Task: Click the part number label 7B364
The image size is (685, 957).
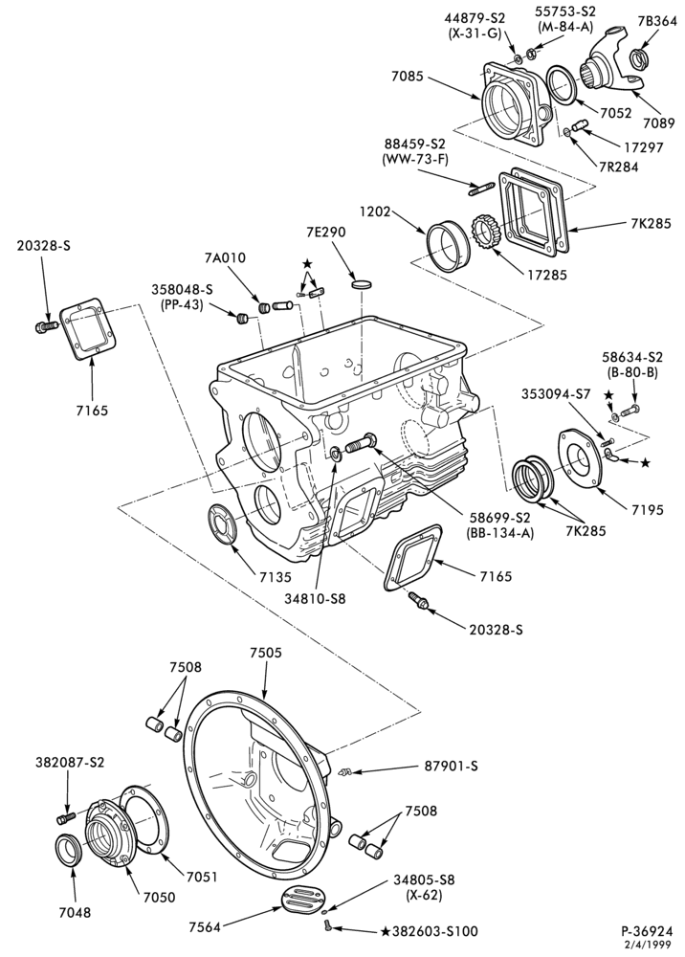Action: click(x=657, y=21)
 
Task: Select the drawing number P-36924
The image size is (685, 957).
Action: click(x=647, y=931)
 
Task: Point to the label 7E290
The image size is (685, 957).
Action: click(x=325, y=232)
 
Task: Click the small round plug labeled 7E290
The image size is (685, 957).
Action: click(x=362, y=284)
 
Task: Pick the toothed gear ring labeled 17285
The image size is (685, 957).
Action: click(x=486, y=233)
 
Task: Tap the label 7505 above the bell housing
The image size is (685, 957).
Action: click(x=265, y=653)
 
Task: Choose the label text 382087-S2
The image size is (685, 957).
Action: click(x=70, y=763)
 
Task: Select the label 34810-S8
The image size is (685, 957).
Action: click(x=315, y=599)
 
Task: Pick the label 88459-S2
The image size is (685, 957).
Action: click(x=415, y=145)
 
